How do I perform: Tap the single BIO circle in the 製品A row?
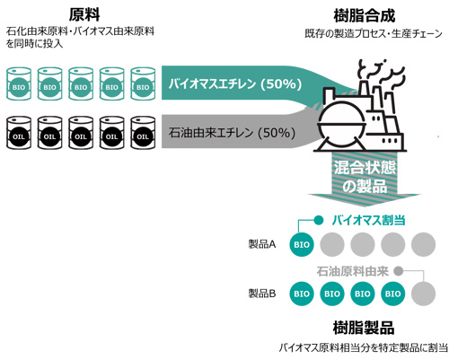coord(302,243)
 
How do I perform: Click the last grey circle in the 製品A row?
coord(426,243)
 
